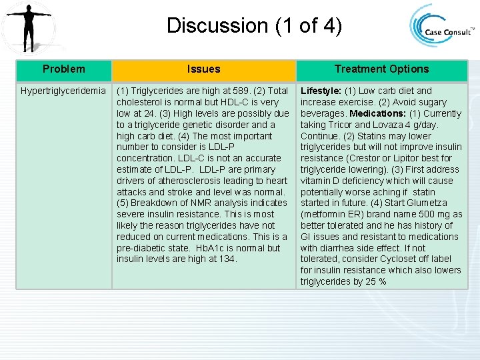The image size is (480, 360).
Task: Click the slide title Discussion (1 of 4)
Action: coord(254,26)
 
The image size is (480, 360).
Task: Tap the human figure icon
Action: coord(28,27)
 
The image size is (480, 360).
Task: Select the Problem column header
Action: coord(63,69)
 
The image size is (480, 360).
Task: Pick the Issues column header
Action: coord(203,69)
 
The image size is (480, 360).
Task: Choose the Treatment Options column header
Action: coord(381,69)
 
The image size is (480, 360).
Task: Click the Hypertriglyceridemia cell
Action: coord(63,91)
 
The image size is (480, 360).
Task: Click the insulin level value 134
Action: coord(227,259)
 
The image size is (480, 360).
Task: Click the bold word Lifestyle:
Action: coord(321,91)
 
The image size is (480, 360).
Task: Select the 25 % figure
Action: coord(375,281)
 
